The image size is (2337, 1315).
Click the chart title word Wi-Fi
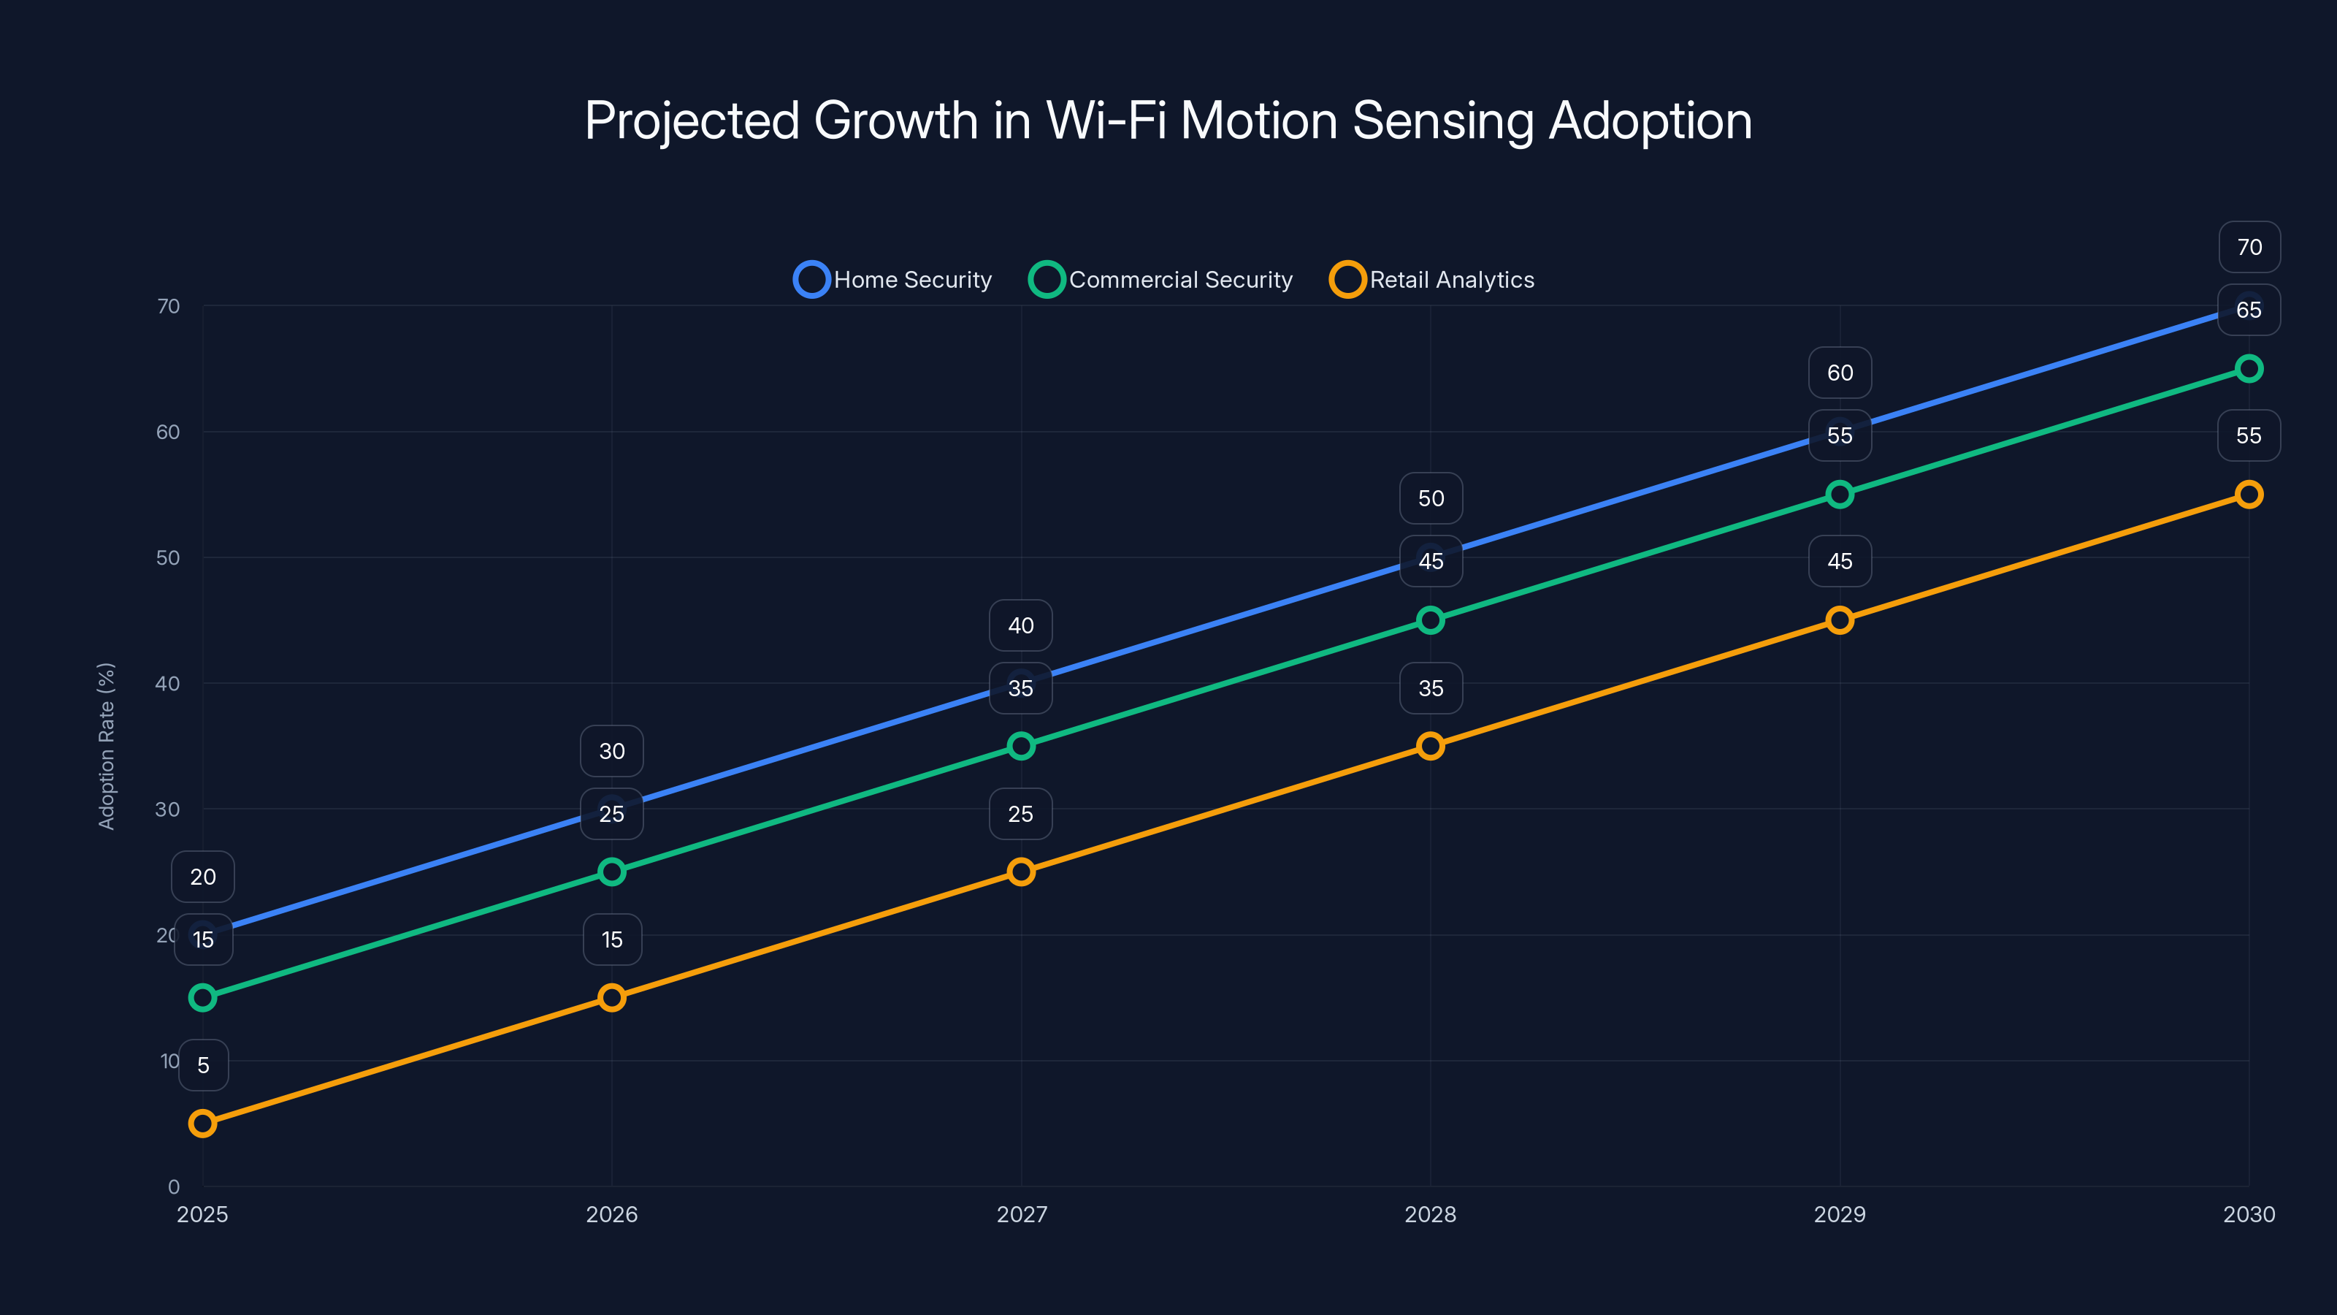[1106, 121]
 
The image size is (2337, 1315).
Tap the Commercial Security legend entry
[1160, 280]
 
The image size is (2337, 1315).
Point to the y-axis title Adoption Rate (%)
[106, 746]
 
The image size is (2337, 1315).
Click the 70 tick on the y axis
[168, 306]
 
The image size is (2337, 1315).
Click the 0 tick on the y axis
[173, 1186]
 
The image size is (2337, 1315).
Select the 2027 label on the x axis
[1022, 1214]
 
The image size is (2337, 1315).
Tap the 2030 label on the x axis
[2248, 1214]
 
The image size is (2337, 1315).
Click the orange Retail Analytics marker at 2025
[202, 1124]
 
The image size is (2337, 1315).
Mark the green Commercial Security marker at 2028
[1431, 620]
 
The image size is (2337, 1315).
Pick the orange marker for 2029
[1840, 620]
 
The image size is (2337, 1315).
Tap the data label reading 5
[203, 1064]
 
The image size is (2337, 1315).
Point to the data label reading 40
[1021, 625]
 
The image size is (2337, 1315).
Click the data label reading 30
[611, 750]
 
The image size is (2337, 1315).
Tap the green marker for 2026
[611, 872]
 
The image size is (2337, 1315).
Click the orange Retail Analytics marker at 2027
[1021, 872]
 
